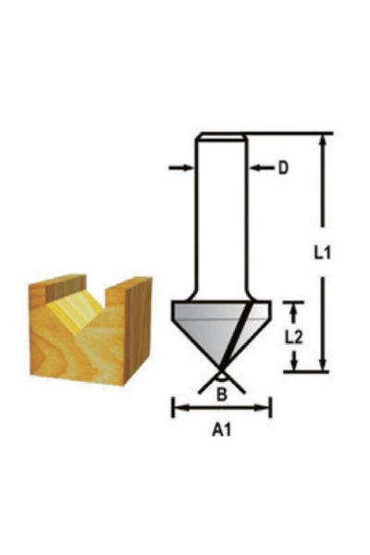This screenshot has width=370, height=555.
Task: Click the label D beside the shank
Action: [284, 168]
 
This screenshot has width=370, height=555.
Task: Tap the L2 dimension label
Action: [292, 336]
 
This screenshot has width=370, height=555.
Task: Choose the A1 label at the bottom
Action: [221, 429]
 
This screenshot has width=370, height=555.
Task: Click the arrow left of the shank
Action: [181, 167]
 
